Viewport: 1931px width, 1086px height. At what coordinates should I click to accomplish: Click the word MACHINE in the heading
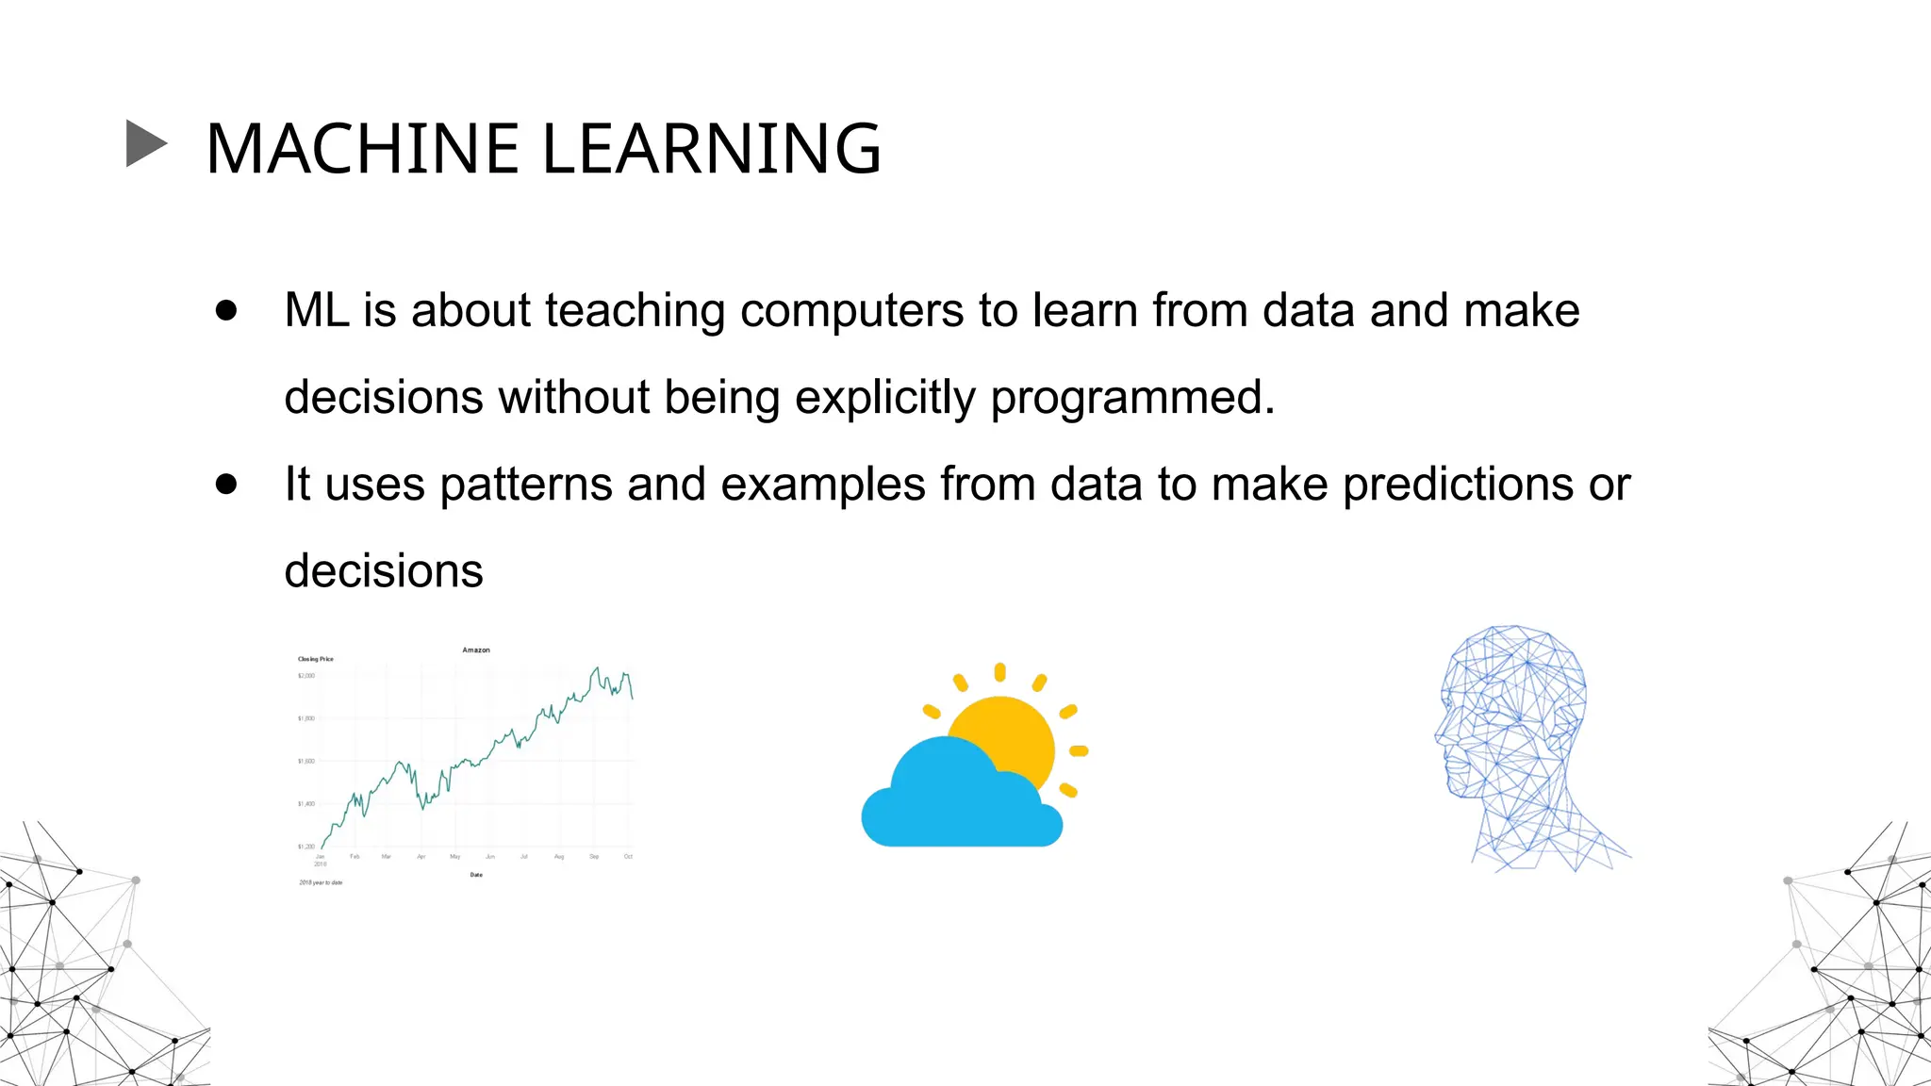click(x=362, y=149)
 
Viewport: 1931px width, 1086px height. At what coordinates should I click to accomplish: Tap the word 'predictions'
click(x=1458, y=485)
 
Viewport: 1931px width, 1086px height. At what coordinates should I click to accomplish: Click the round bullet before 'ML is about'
click(x=225, y=311)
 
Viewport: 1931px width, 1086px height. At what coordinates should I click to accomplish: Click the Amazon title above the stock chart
click(x=476, y=650)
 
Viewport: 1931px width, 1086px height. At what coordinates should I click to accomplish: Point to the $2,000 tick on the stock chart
click(x=306, y=676)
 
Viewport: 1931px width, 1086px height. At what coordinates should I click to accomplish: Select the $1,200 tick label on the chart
click(x=306, y=847)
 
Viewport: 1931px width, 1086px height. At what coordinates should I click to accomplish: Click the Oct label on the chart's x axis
click(x=628, y=856)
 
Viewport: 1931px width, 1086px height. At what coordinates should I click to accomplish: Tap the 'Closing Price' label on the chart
click(x=316, y=659)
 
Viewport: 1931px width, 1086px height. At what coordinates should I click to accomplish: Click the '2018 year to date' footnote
click(x=321, y=882)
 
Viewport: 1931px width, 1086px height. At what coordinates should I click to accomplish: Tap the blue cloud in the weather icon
click(x=952, y=801)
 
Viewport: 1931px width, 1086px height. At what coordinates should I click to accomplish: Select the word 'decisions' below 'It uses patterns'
click(x=384, y=571)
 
